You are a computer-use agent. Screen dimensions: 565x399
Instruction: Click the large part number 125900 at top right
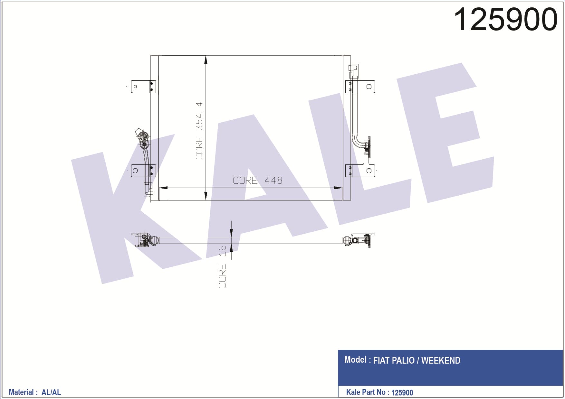click(505, 20)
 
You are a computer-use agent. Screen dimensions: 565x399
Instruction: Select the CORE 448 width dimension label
click(257, 180)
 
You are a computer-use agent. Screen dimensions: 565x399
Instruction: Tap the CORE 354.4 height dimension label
click(199, 131)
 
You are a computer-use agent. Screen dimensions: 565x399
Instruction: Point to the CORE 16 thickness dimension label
click(222, 267)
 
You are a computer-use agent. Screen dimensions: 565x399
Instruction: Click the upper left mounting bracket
click(143, 87)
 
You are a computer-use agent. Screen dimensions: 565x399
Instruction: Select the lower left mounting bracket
click(143, 171)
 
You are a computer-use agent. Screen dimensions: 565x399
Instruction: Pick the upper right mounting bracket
click(360, 87)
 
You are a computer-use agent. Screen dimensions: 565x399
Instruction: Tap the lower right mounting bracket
click(360, 171)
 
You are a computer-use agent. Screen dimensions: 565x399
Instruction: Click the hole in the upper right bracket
click(369, 87)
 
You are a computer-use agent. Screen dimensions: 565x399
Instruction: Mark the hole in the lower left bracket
click(135, 171)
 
